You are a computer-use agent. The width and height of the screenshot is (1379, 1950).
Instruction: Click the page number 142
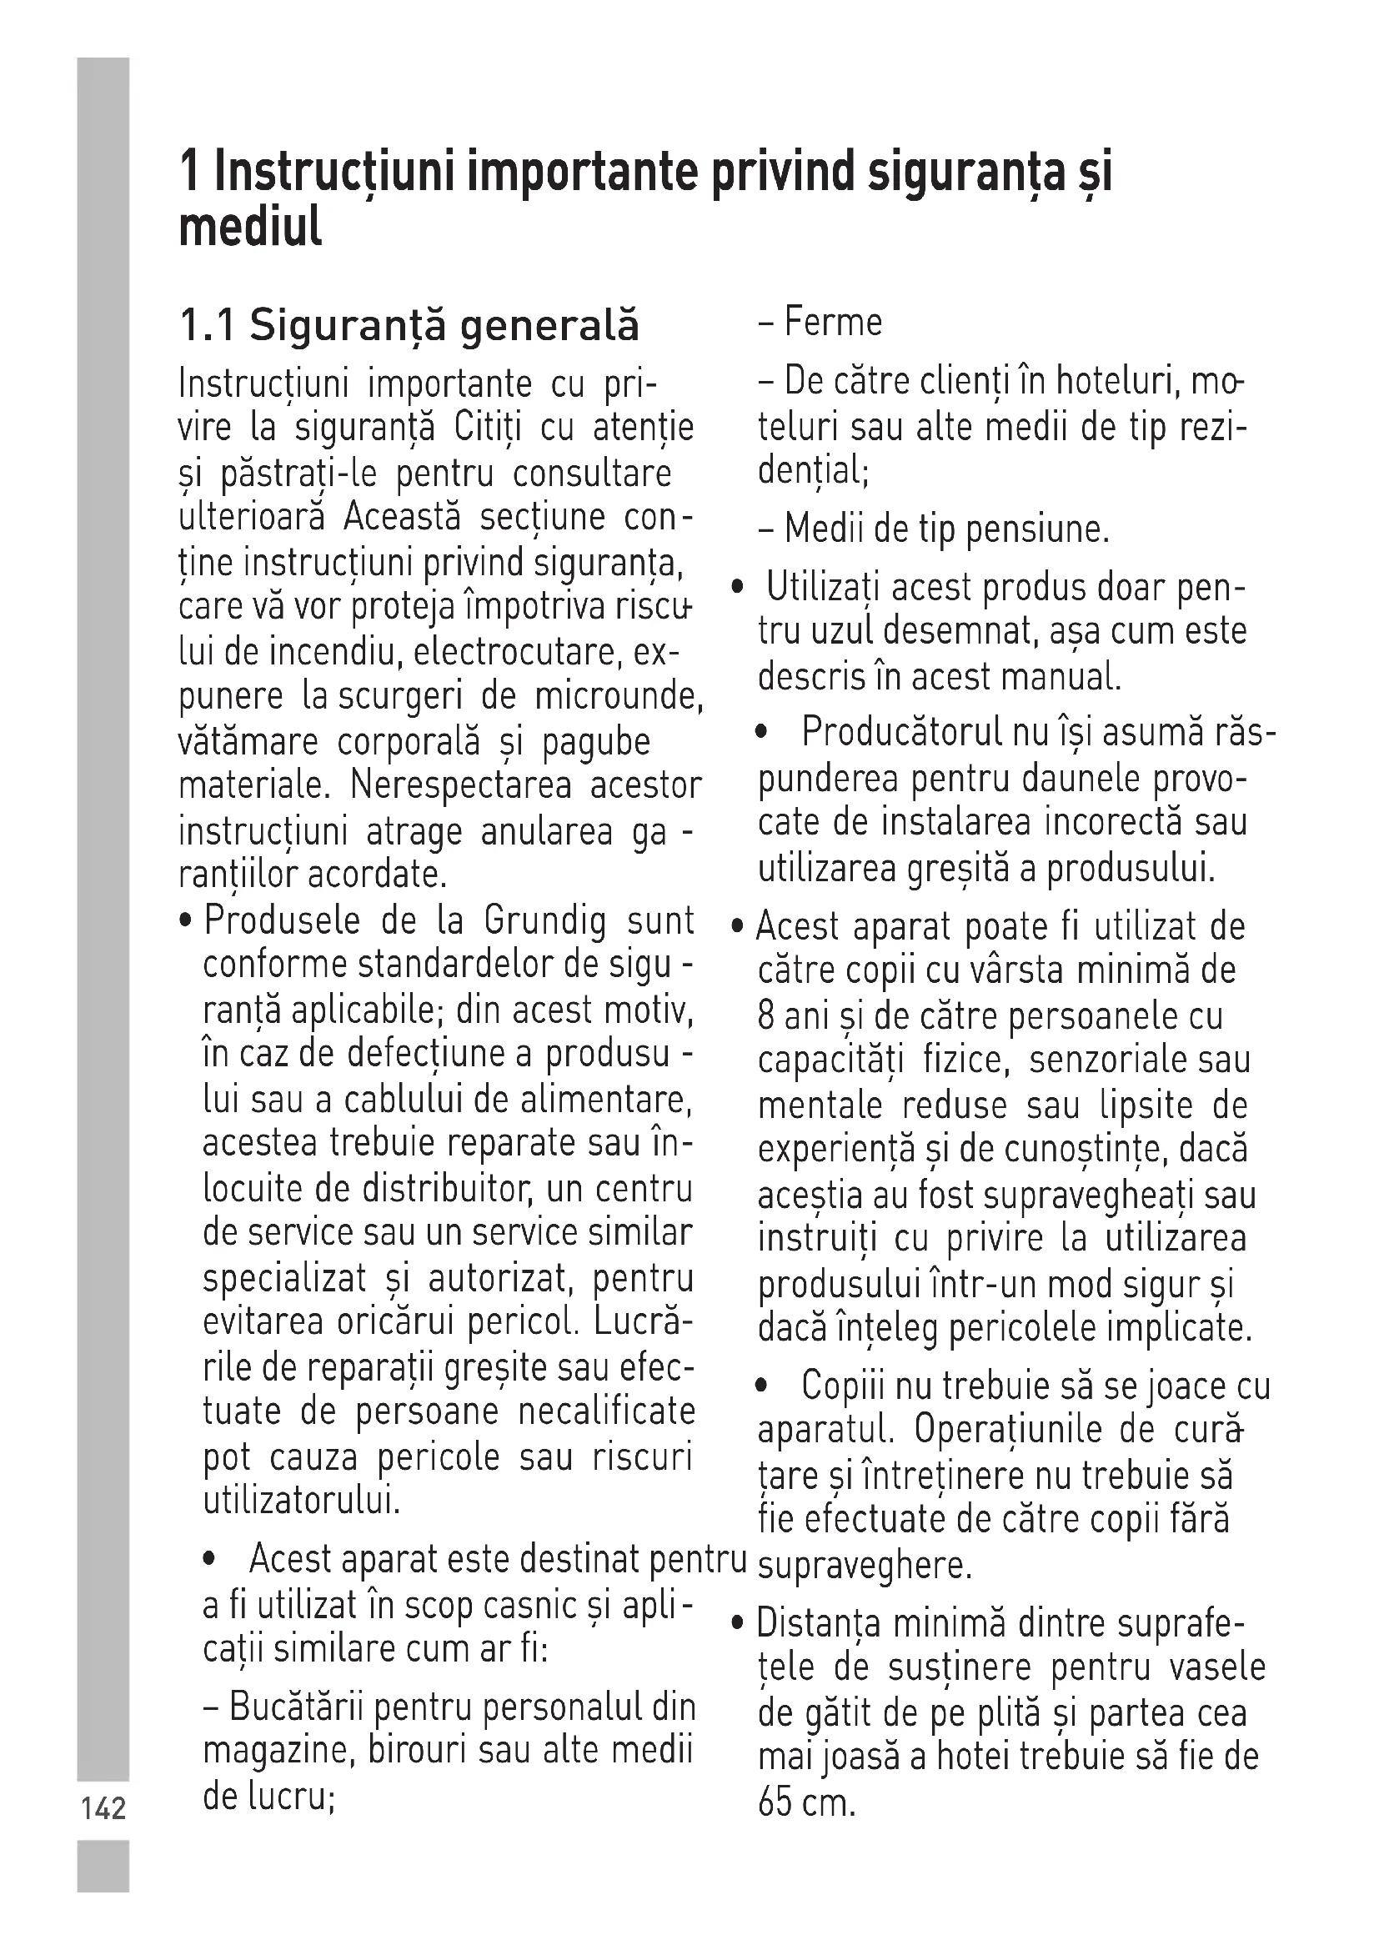pos(103,1808)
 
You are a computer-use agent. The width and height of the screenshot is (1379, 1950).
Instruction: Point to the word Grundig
pos(546,921)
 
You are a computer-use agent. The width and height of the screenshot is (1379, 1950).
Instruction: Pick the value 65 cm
pos(806,1803)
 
